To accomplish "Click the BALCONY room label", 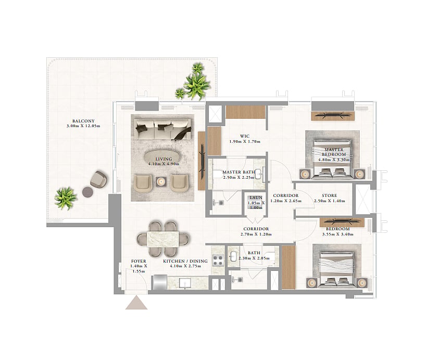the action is coord(83,121).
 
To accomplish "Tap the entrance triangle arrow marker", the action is coord(136,303).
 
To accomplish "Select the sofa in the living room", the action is coord(162,129).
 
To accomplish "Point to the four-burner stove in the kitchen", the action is coord(218,260).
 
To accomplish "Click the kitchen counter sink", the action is coord(185,283).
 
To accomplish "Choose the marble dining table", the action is coord(162,239).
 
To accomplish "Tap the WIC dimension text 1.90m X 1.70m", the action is coord(245,142).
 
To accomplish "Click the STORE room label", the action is coord(329,195).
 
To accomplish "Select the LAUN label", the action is coord(256,197).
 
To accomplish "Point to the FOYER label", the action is coord(139,261).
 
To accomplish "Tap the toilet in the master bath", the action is coord(217,174).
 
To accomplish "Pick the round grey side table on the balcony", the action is coord(88,192).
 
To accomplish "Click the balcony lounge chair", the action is coord(99,179).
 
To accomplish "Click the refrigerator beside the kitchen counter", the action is coord(160,282).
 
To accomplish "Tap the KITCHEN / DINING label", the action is coord(185,261).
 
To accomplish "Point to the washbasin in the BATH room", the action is coord(233,256).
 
